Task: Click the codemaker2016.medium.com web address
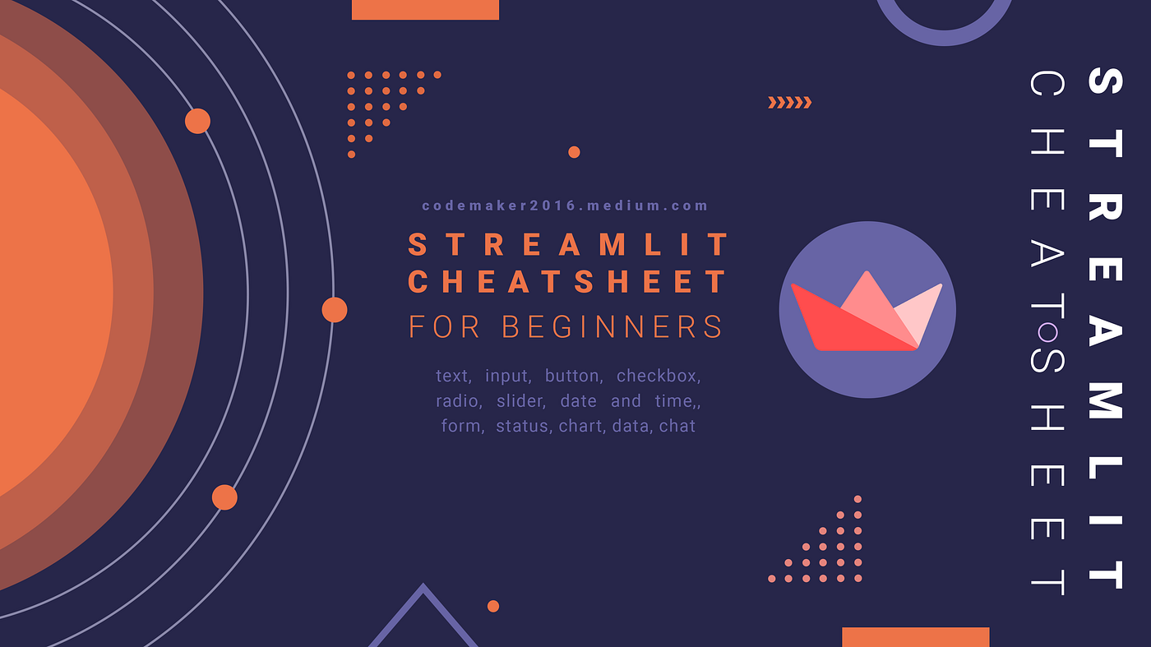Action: (565, 206)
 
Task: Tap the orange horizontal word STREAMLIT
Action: (568, 244)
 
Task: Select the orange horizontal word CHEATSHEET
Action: (567, 282)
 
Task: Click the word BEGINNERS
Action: (612, 327)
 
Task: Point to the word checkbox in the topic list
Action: (659, 376)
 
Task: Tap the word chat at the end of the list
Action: (677, 426)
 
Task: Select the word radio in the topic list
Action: (460, 401)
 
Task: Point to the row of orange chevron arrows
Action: (790, 103)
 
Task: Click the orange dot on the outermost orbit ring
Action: (335, 310)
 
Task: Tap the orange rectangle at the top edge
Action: (425, 10)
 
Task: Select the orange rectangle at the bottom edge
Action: (916, 637)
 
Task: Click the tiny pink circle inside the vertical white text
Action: (1047, 332)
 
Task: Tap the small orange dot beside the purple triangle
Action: (493, 607)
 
